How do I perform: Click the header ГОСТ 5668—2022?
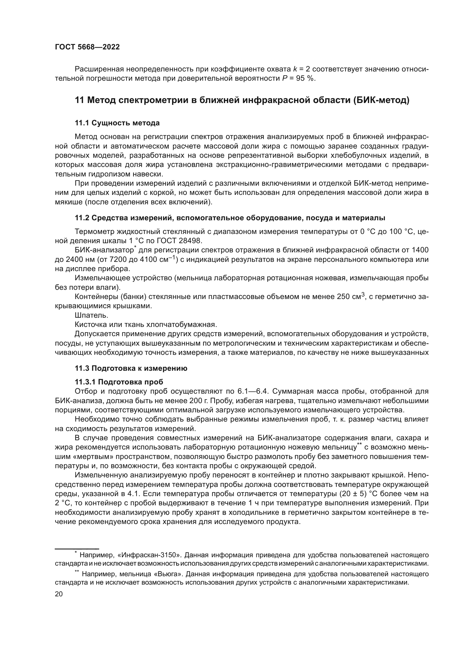coord(87,47)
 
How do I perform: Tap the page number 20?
coord(59,594)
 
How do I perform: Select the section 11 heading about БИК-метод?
coord(242,100)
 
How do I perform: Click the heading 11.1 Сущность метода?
coord(117,123)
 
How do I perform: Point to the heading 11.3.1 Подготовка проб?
coord(119,382)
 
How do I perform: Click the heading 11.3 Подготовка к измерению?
coord(131,369)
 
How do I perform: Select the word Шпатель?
coord(91,315)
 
